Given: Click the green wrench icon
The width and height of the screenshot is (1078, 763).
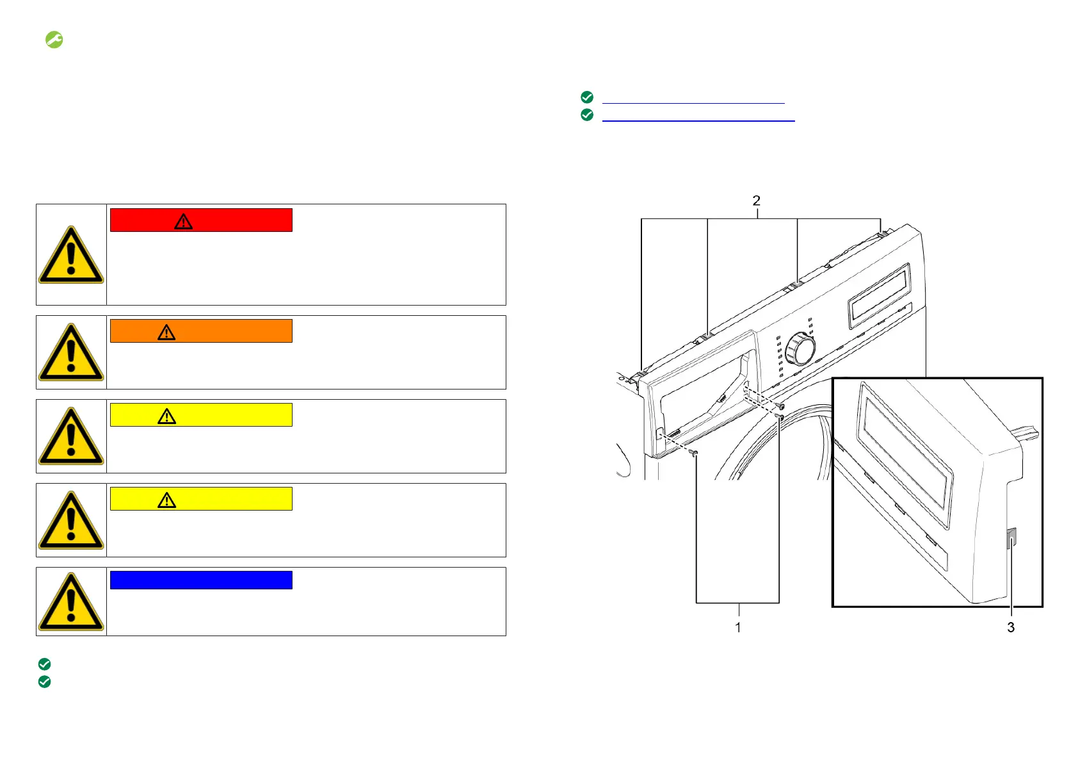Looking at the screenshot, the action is (54, 40).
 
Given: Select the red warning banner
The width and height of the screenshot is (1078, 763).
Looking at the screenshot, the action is (201, 220).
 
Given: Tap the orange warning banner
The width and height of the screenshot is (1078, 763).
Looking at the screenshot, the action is (201, 331).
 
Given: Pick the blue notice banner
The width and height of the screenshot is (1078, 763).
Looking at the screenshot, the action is (201, 580).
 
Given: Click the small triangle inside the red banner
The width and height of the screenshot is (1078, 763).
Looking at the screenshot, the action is (183, 222).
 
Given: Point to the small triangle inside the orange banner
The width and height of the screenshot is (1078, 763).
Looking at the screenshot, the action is (166, 332).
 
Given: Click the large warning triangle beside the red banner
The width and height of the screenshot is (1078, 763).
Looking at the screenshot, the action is (71, 256).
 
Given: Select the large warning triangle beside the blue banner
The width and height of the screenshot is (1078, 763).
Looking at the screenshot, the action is (71, 602).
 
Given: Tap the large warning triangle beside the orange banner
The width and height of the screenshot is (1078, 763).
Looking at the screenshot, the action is (71, 352).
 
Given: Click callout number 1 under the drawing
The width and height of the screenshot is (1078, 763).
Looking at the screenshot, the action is (737, 627).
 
